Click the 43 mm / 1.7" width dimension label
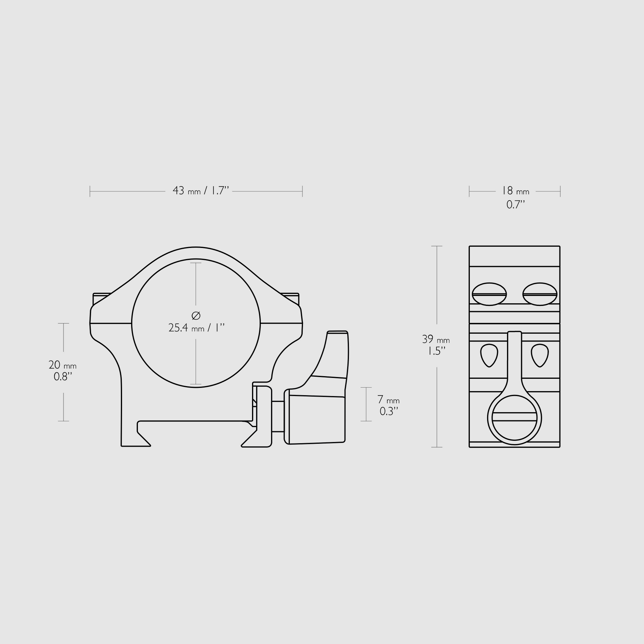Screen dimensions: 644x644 (x=201, y=191)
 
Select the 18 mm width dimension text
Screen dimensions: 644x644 (x=515, y=191)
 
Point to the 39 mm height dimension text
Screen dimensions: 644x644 (x=436, y=339)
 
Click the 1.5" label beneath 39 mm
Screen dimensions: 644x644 (x=436, y=351)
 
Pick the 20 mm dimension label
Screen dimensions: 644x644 (x=62, y=365)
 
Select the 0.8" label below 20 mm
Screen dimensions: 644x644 (x=63, y=377)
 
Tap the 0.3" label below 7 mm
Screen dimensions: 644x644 (x=389, y=411)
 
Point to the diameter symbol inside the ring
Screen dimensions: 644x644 (x=196, y=315)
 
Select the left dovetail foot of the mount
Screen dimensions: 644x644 (x=137, y=436)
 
